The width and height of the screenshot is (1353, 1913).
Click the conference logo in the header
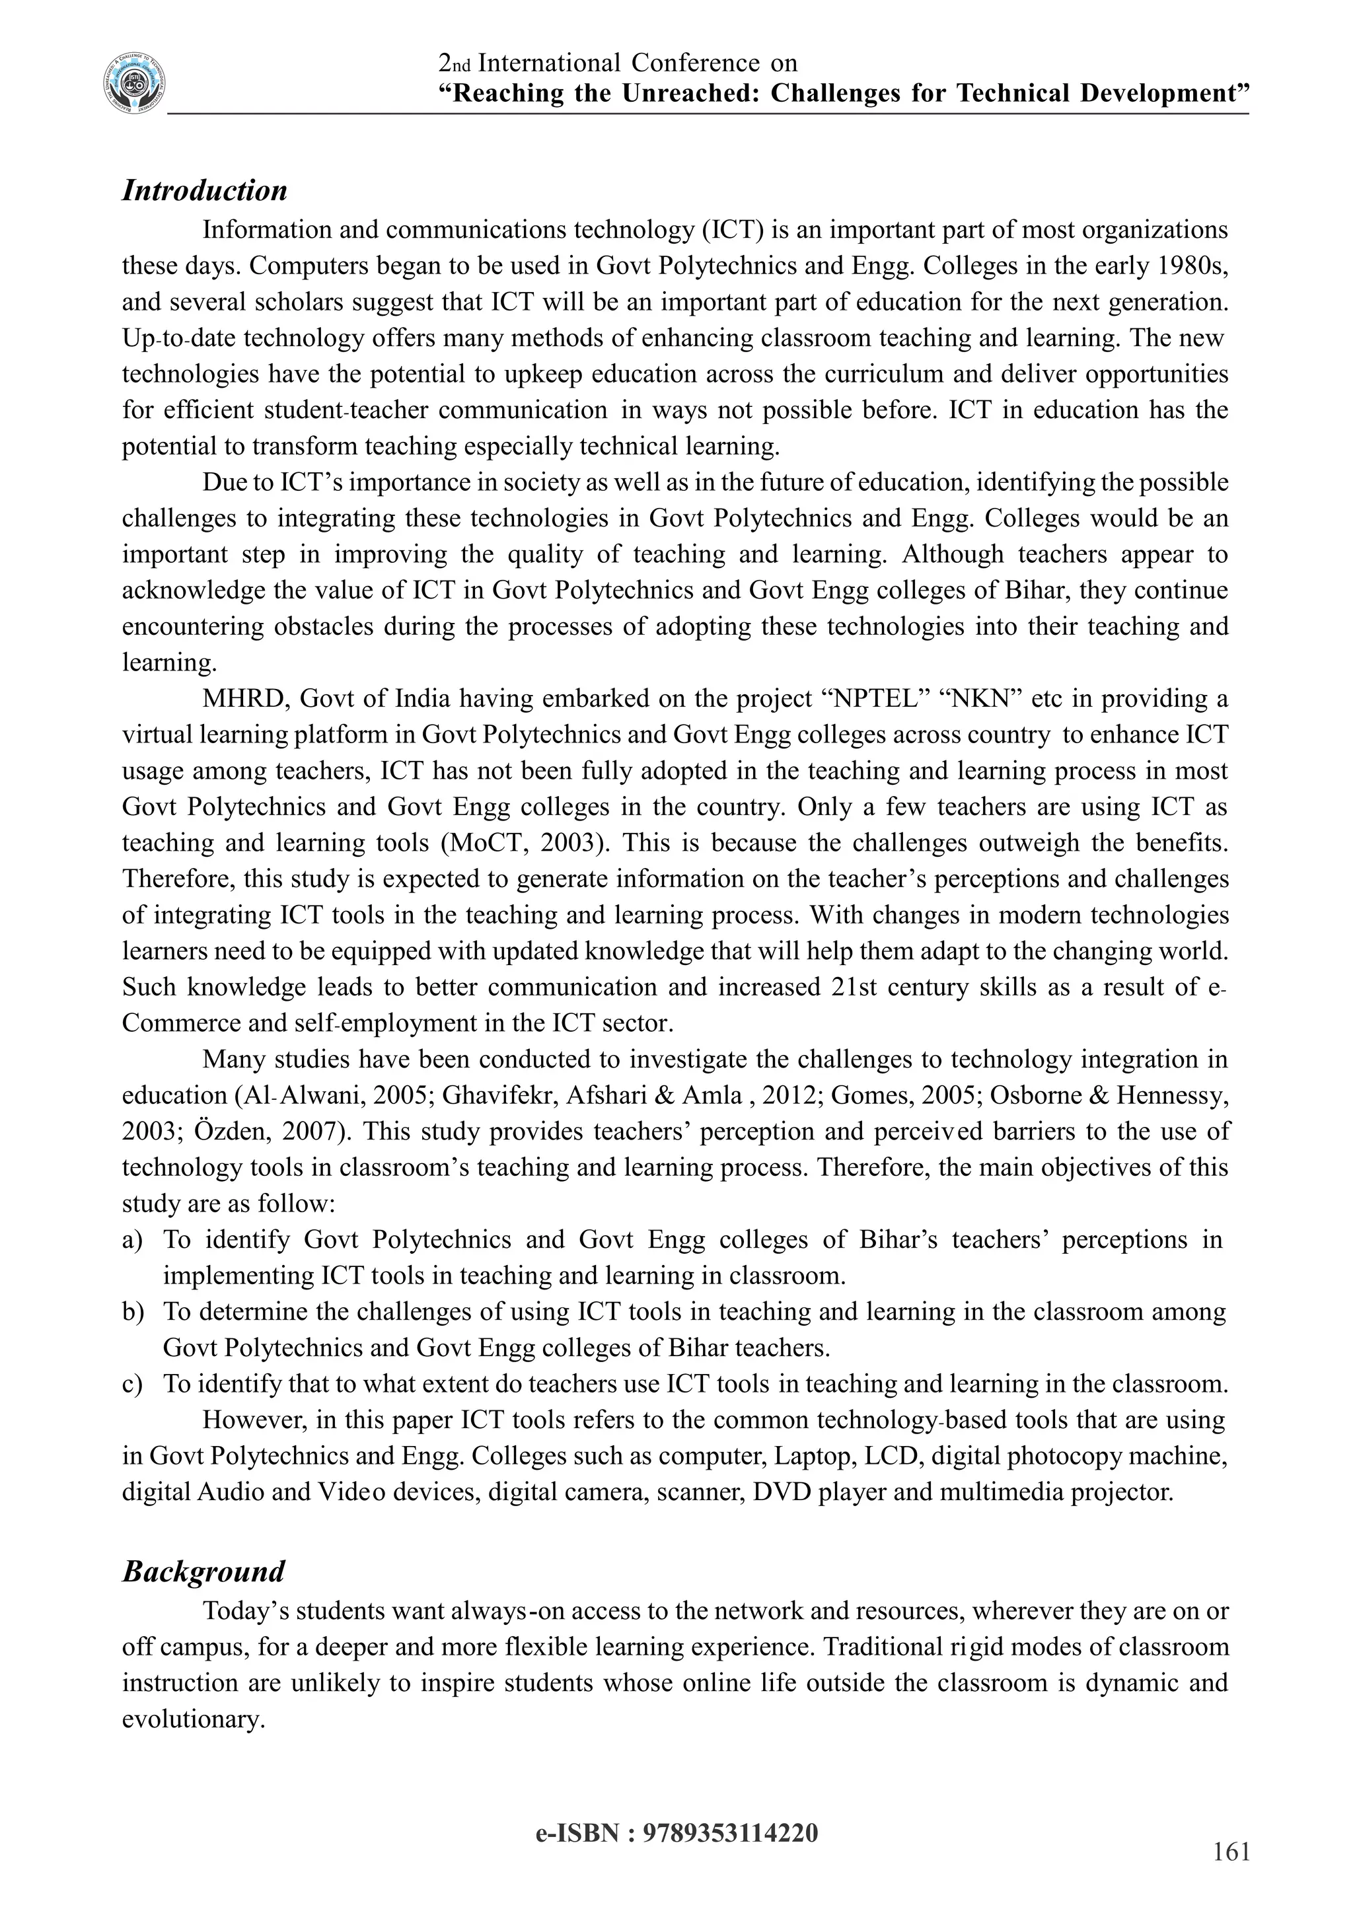click(x=134, y=83)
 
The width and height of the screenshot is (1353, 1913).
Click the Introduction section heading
click(x=204, y=190)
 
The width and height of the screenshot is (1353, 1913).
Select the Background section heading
click(x=203, y=1571)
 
